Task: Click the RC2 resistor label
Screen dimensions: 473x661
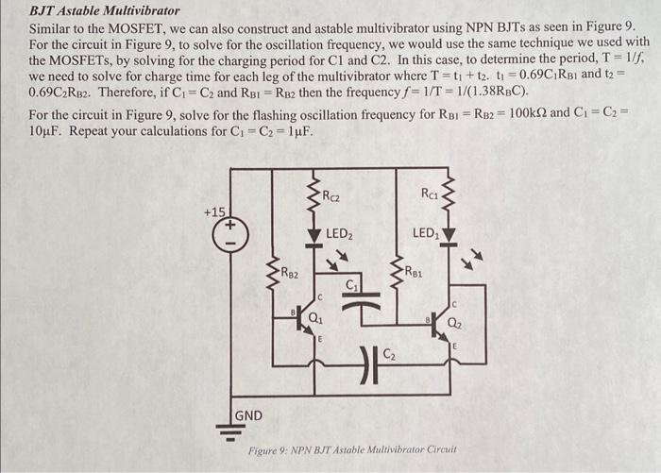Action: pyautogui.click(x=331, y=197)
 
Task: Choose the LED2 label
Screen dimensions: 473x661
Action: pyautogui.click(x=339, y=233)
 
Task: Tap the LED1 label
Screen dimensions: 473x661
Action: pyautogui.click(x=426, y=232)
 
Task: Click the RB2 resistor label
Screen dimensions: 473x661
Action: pyautogui.click(x=290, y=275)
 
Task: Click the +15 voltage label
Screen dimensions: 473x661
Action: pyautogui.click(x=214, y=211)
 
